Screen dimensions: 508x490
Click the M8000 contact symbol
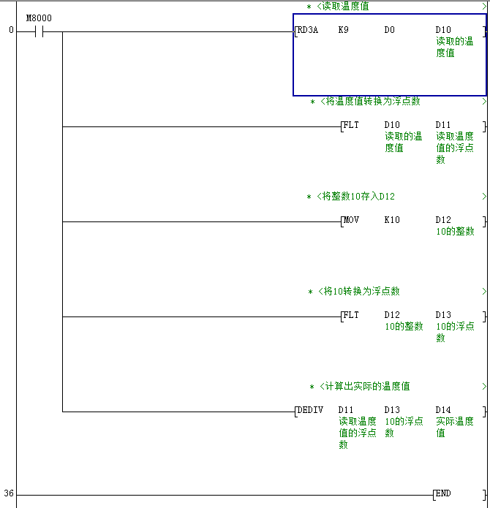pyautogui.click(x=39, y=32)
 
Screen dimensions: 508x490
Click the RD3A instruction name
pyautogui.click(x=307, y=31)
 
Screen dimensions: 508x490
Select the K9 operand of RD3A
pyautogui.click(x=344, y=31)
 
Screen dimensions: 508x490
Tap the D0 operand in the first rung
pyautogui.click(x=390, y=31)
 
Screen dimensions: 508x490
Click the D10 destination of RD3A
pyautogui.click(x=443, y=31)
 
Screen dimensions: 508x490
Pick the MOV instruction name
pyautogui.click(x=351, y=220)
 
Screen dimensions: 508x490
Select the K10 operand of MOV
pyautogui.click(x=392, y=220)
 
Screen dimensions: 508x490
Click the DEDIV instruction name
pyautogui.click(x=309, y=410)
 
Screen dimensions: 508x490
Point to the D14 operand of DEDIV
pyautogui.click(x=443, y=410)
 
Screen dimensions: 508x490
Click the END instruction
pyautogui.click(x=443, y=494)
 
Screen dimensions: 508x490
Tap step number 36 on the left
pyautogui.click(x=9, y=494)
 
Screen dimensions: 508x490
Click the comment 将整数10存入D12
pyautogui.click(x=361, y=197)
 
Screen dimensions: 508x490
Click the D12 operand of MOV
pyautogui.click(x=443, y=220)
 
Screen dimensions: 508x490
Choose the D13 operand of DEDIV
pyautogui.click(x=392, y=410)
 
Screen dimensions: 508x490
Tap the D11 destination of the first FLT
pyautogui.click(x=443, y=125)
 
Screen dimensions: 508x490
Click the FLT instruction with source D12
pyautogui.click(x=351, y=315)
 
